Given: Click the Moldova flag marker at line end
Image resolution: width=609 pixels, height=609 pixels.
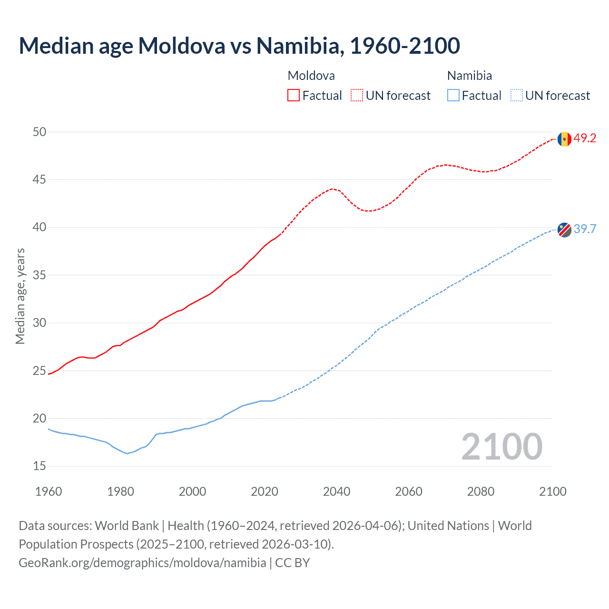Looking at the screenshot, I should point(564,139).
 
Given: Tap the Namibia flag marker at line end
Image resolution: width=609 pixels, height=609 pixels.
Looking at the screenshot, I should point(564,230).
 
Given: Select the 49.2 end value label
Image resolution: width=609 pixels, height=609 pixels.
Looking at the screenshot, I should point(585,138).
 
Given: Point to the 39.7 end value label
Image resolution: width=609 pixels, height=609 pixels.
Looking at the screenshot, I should point(585,229).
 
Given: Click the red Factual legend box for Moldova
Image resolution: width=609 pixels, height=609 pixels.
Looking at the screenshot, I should point(294,96).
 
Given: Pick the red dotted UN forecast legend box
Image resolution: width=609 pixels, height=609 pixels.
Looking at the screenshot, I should point(357,96).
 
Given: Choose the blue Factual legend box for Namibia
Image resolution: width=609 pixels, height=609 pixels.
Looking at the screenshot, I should point(453,96).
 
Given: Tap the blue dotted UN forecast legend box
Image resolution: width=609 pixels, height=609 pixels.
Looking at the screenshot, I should point(517,96).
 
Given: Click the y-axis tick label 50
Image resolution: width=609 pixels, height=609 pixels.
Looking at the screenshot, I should point(39,132).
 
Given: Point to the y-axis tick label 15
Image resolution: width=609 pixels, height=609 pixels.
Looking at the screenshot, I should point(39,466).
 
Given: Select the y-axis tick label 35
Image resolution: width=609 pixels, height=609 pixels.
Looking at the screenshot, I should point(39,275).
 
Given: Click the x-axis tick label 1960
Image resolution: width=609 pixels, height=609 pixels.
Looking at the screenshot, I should point(49,491).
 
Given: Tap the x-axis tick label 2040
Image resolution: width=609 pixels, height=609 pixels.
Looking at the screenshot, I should point(336,491).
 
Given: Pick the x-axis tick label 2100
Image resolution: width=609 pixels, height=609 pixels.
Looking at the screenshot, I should point(552,491).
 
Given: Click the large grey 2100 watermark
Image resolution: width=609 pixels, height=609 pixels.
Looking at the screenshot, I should point(501,447).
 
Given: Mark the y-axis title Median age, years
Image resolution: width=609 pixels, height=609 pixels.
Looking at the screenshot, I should point(20,296).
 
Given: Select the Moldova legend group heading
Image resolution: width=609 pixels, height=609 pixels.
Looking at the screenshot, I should point(311,76).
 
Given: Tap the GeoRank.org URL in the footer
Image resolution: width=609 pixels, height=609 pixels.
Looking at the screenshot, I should point(142,563).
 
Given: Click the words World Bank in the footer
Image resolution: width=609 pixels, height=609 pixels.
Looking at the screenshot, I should point(127,526).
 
